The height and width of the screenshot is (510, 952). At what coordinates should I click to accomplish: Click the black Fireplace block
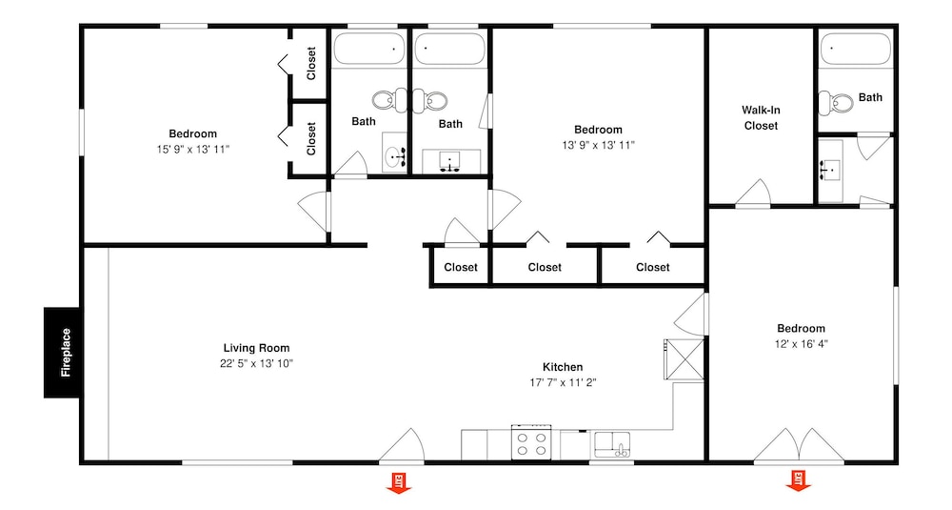(61, 353)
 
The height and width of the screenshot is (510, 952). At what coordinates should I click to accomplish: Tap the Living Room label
(256, 348)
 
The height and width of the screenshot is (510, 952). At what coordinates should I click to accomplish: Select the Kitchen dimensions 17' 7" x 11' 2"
(563, 382)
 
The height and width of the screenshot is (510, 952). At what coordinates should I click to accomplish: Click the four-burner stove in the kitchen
(532, 442)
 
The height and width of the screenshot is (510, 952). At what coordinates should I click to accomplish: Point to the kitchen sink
(612, 444)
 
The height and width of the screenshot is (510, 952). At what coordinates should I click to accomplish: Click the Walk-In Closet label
(761, 118)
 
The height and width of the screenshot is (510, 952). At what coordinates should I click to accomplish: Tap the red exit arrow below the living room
(399, 482)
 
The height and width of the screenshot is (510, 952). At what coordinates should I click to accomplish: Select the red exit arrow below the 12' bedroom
(799, 480)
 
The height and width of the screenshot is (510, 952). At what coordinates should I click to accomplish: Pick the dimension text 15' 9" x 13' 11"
(193, 149)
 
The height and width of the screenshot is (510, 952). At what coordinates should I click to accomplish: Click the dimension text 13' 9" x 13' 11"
(598, 145)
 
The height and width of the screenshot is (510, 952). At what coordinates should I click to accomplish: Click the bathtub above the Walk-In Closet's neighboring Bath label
(855, 50)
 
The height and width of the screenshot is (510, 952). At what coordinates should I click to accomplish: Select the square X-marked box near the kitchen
(684, 359)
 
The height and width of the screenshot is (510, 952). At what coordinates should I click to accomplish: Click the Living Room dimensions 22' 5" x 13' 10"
(256, 363)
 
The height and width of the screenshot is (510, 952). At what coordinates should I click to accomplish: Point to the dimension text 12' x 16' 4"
(801, 344)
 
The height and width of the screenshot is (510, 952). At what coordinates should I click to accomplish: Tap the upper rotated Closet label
(311, 63)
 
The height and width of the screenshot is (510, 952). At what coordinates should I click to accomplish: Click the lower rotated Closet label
(311, 138)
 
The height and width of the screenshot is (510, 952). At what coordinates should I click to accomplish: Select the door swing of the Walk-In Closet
(753, 193)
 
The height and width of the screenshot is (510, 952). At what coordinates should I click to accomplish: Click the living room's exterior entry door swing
(402, 445)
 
